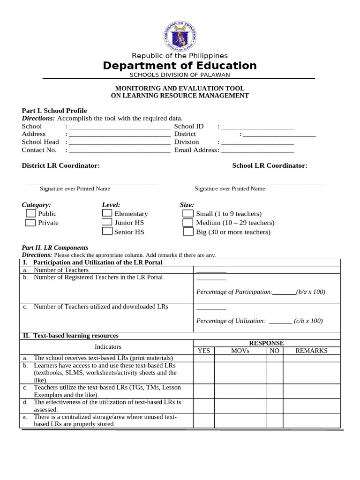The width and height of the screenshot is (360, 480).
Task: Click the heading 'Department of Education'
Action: (x=180, y=66)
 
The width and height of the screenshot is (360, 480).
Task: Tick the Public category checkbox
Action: (x=30, y=213)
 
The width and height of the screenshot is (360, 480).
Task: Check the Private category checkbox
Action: (x=30, y=223)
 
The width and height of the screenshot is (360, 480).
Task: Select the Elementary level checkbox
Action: (x=107, y=213)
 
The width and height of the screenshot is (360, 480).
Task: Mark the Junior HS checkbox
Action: (x=107, y=222)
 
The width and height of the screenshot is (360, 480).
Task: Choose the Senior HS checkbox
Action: (x=107, y=232)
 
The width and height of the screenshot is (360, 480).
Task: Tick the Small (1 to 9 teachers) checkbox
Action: (x=187, y=213)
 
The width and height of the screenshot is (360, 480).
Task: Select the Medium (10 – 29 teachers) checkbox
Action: (x=187, y=223)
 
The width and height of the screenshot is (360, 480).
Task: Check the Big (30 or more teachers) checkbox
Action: (x=187, y=232)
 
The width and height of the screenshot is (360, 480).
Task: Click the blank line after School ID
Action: (x=257, y=127)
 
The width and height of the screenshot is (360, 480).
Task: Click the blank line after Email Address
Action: (x=257, y=151)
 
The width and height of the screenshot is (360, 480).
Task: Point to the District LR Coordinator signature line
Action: (x=92, y=183)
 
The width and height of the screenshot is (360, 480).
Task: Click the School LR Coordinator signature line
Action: (x=266, y=183)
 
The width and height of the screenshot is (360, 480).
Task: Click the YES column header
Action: (x=204, y=351)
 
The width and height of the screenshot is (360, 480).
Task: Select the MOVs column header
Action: (x=240, y=351)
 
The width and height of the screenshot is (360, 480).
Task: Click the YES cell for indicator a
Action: (x=204, y=358)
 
